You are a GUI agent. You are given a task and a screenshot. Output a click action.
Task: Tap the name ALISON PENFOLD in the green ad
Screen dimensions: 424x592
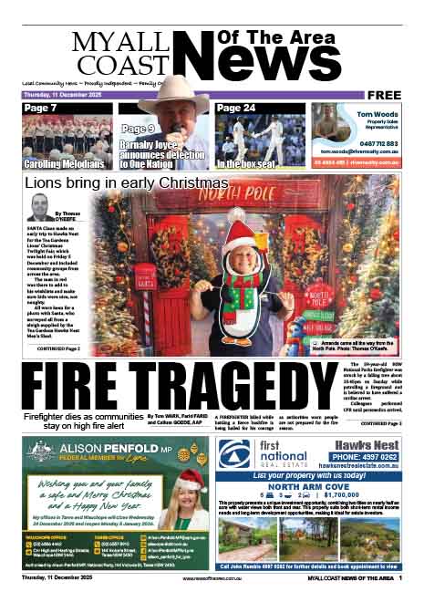tap(103, 448)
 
